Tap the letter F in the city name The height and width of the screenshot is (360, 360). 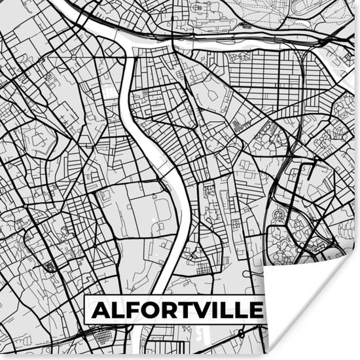click(x=135, y=309)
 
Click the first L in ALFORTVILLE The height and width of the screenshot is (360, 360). click(x=118, y=309)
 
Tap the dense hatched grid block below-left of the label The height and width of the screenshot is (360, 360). click(x=103, y=336)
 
